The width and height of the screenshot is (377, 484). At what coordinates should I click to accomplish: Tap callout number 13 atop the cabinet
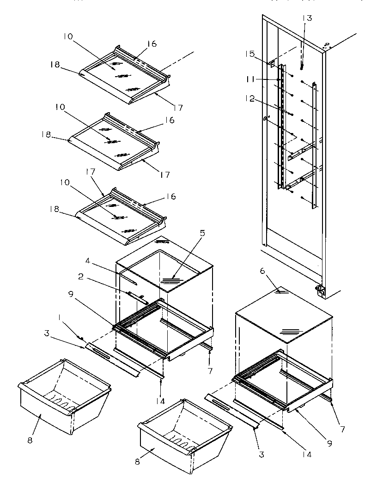pos(307,18)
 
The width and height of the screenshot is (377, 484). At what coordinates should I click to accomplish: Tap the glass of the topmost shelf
pos(116,72)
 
